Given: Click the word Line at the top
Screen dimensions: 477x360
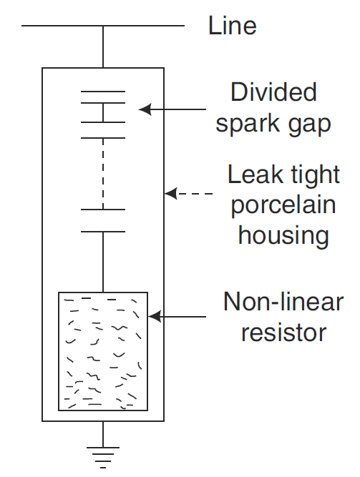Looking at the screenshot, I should click(x=232, y=26).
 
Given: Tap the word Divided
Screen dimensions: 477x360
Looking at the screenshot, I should click(x=273, y=93).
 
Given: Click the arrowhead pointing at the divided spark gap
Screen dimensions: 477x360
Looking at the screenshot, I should click(x=145, y=109).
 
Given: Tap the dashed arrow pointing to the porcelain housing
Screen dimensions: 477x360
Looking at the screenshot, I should click(x=188, y=194).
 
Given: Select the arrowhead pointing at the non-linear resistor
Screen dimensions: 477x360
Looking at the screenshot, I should click(x=154, y=316).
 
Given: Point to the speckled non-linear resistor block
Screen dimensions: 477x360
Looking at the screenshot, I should click(x=103, y=352).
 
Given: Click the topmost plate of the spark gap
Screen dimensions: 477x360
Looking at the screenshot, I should click(x=103, y=92).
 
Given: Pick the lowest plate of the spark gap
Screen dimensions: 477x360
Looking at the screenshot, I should click(x=103, y=232).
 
